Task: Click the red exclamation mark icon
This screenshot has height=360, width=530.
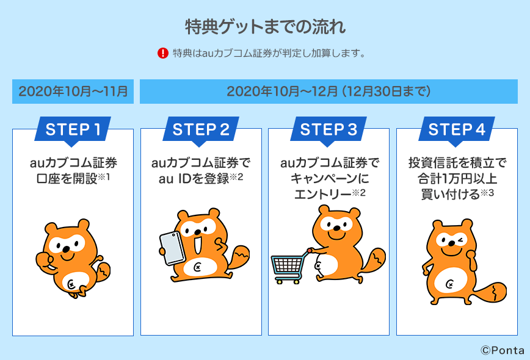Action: [x=163, y=53]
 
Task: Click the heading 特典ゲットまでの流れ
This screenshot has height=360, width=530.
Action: [x=266, y=27]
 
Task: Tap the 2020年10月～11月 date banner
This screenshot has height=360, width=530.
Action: [x=73, y=92]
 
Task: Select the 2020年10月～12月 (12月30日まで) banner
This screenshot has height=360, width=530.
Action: [x=329, y=92]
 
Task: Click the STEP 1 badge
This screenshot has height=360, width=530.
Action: [x=73, y=130]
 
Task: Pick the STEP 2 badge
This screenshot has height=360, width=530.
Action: [x=201, y=130]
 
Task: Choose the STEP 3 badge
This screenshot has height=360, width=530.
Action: [x=329, y=130]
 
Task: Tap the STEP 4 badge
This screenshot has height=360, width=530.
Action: [x=457, y=130]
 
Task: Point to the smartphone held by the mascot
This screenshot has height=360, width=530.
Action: [x=172, y=248]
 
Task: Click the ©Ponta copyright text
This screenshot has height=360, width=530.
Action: [x=503, y=350]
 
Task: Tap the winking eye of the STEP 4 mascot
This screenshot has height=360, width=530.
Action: [x=460, y=240]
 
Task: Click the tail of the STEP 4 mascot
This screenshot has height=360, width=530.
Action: [x=491, y=293]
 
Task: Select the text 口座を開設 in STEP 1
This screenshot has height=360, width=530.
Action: [x=67, y=179]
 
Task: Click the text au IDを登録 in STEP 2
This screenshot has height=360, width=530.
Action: [x=194, y=179]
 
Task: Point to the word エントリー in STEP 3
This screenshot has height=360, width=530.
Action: [x=323, y=194]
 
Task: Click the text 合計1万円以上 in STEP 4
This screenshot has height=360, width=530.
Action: [x=457, y=179]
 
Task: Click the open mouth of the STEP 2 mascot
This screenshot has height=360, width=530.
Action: [x=198, y=245]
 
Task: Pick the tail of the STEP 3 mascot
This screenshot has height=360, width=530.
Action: [x=374, y=261]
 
